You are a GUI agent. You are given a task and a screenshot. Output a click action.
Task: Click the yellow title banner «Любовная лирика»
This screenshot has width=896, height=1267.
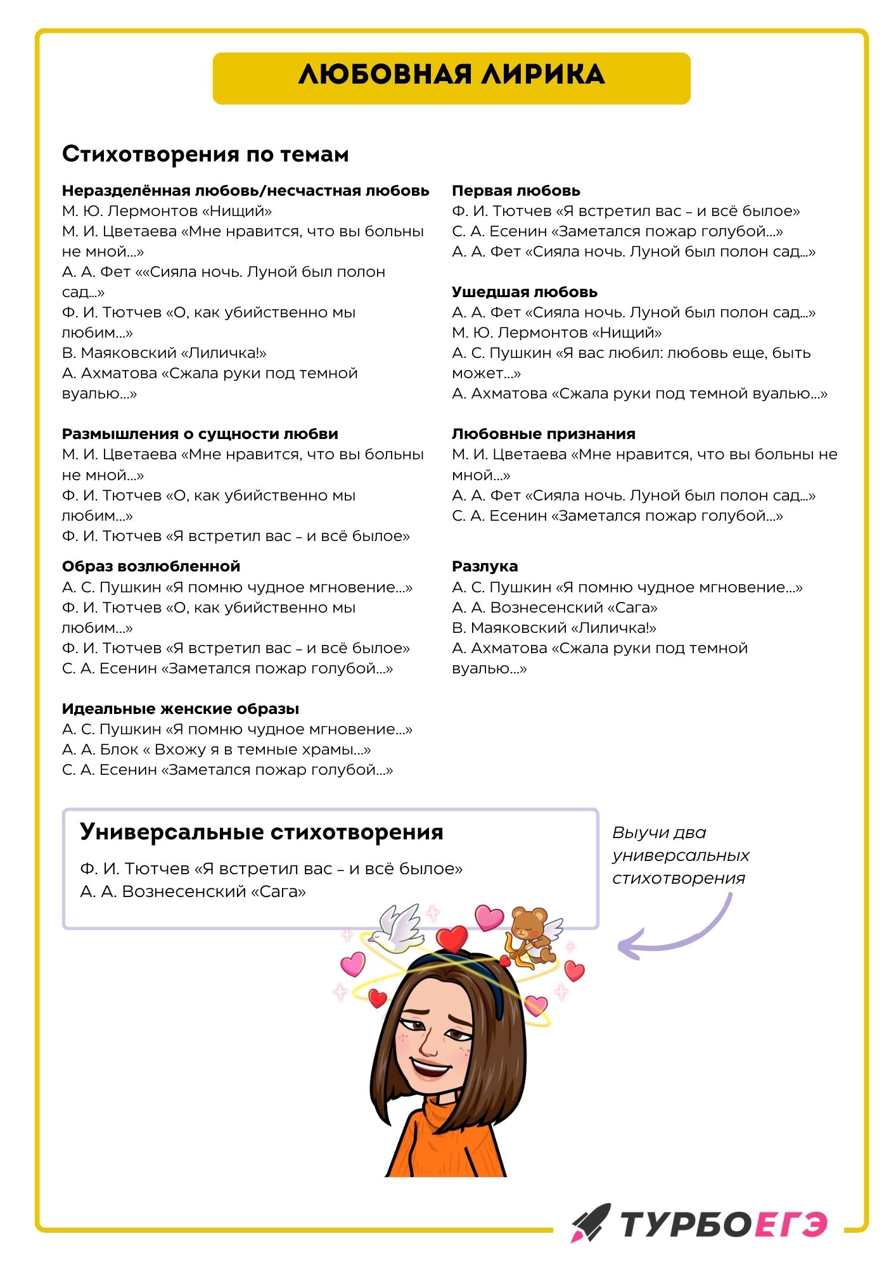pyautogui.click(x=451, y=78)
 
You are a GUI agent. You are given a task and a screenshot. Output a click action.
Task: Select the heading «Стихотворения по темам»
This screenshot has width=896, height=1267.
pyautogui.click(x=205, y=155)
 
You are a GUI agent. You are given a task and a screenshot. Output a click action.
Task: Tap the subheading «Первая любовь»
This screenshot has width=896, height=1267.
pyautogui.click(x=516, y=191)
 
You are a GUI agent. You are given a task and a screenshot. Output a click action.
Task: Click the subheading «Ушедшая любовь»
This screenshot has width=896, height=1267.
pyautogui.click(x=525, y=292)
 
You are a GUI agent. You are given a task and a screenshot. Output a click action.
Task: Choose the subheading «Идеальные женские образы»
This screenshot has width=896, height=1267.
pyautogui.click(x=181, y=709)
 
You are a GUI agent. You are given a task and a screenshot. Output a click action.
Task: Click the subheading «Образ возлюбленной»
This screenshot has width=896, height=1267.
pyautogui.click(x=151, y=566)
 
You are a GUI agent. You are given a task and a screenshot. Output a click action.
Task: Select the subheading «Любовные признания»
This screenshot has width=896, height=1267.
pyautogui.click(x=544, y=434)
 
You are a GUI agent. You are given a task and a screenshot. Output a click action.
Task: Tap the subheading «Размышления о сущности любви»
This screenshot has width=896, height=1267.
pyautogui.click(x=200, y=434)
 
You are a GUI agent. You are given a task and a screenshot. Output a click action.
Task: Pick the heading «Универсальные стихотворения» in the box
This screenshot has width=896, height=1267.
pyautogui.click(x=262, y=832)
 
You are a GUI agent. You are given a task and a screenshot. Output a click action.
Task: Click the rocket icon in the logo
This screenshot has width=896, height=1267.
pyautogui.click(x=591, y=1222)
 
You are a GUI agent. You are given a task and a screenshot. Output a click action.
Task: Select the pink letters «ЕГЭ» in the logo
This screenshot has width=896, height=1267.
pyautogui.click(x=790, y=1224)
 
